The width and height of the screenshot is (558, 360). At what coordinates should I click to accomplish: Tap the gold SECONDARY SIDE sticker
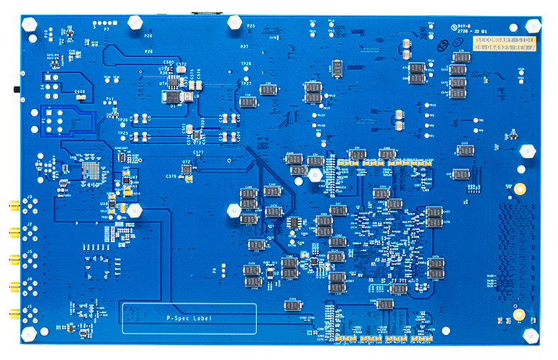505,47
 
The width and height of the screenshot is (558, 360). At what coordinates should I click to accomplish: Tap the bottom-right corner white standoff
531,334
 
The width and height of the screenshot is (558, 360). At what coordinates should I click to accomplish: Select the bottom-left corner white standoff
29,334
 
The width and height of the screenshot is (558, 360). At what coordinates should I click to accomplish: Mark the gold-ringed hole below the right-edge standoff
518,189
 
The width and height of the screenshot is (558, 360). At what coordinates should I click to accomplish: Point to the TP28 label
246,64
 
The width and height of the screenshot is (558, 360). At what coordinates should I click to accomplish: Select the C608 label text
80,91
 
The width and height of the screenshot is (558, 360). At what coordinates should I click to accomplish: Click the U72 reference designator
186,162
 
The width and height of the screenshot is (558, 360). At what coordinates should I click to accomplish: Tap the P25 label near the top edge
251,25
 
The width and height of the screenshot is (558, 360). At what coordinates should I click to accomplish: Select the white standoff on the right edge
528,151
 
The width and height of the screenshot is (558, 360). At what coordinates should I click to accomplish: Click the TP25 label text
123,133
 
